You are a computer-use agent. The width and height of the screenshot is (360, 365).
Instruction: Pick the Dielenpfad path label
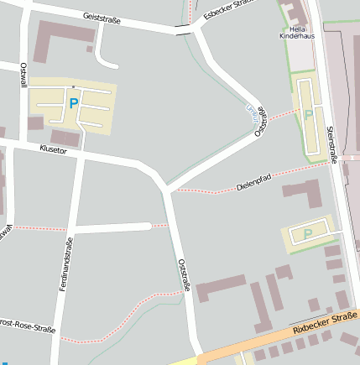coord(253,181)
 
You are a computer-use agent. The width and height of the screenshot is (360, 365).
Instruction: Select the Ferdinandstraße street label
coord(65,265)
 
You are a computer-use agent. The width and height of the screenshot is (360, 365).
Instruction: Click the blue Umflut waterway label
coord(250,112)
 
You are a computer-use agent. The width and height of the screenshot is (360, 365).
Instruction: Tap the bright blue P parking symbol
coord(73,104)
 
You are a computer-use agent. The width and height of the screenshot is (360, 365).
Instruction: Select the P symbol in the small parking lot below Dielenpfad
coord(307,233)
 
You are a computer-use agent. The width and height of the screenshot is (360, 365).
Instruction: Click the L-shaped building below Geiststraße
coord(60,38)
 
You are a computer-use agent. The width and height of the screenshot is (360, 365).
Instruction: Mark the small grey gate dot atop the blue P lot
coord(74,86)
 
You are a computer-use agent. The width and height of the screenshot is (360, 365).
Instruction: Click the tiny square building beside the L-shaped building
coord(89,50)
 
